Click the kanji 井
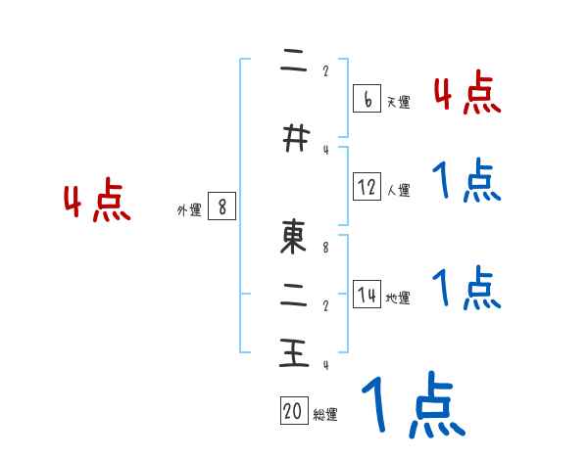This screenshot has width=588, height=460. [x=292, y=140]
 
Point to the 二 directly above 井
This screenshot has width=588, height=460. [x=292, y=61]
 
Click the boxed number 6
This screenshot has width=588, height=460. [x=367, y=99]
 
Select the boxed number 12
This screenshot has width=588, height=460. [x=367, y=187]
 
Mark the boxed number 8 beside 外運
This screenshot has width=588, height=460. [x=222, y=207]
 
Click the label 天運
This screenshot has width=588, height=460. [x=398, y=102]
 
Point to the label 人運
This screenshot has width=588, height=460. [x=398, y=190]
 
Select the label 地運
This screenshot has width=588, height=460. [x=398, y=299]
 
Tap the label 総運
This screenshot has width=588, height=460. [x=325, y=415]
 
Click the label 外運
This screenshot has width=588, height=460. [x=189, y=209]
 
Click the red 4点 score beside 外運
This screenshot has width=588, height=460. [x=97, y=202]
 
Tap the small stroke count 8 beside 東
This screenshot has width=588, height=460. [x=325, y=248]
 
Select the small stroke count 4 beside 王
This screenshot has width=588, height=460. [x=325, y=365]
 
